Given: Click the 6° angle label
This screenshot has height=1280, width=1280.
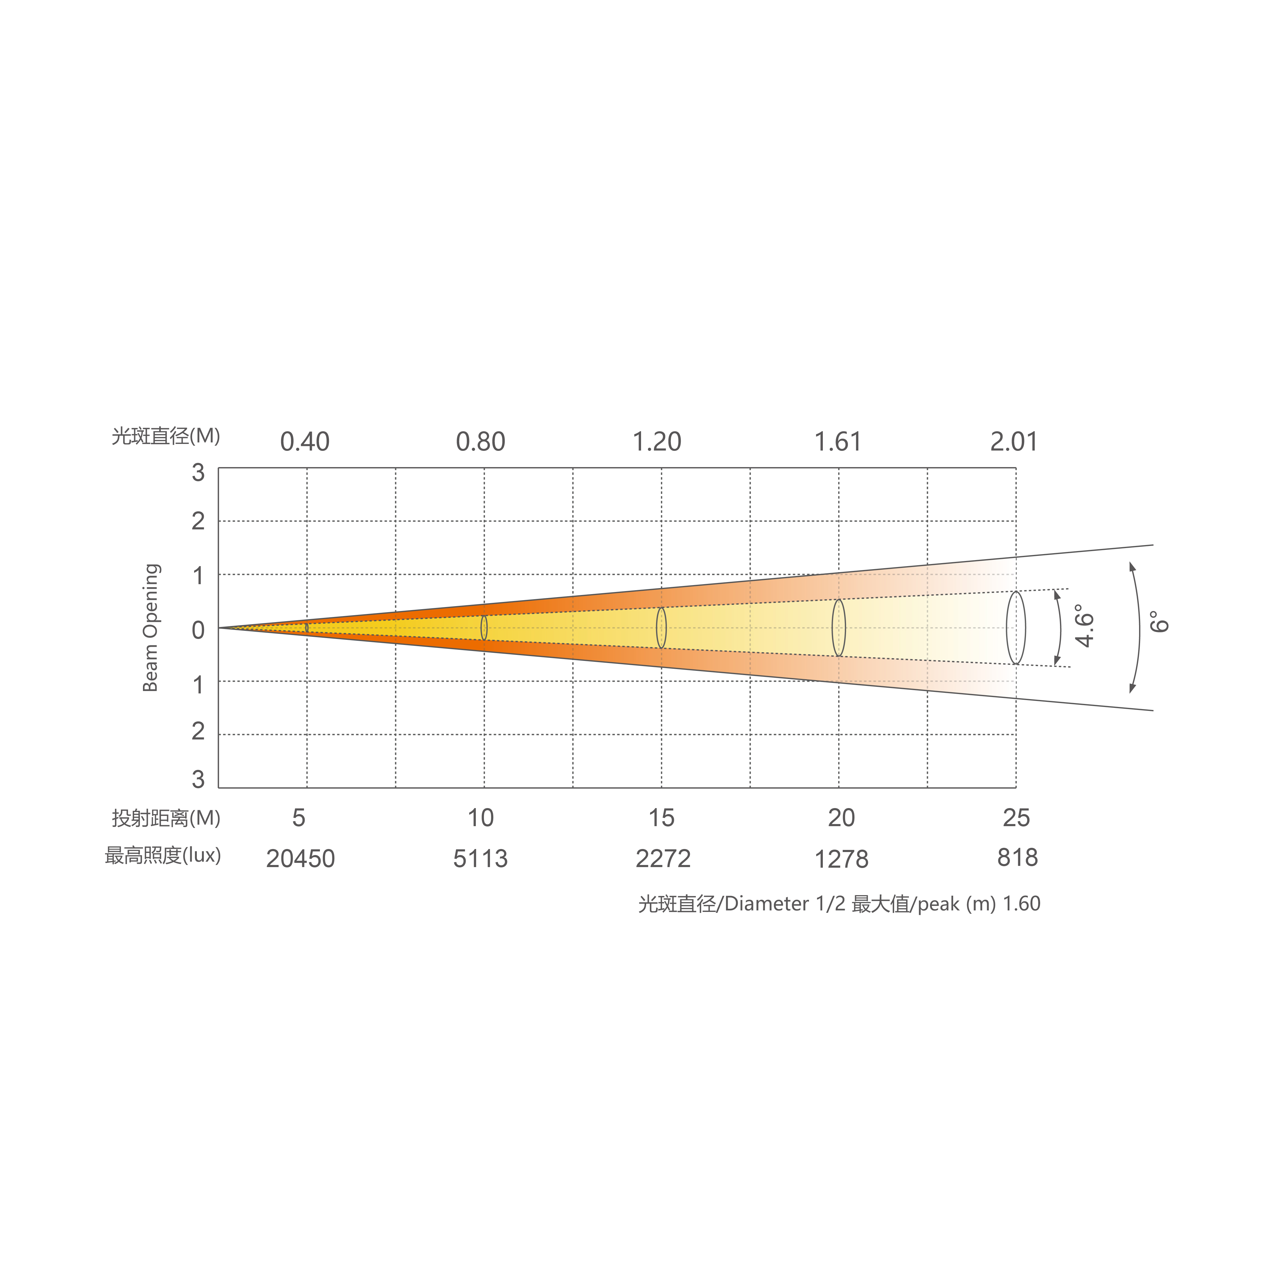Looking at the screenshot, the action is coord(1159,622).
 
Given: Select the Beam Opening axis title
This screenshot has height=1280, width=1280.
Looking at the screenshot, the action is coord(151,628).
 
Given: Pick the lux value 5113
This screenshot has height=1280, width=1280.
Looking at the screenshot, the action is coord(480,859).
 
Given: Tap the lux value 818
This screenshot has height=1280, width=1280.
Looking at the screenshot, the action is coord(1018,857).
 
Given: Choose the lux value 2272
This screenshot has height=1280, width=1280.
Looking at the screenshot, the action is coord(663,859).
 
